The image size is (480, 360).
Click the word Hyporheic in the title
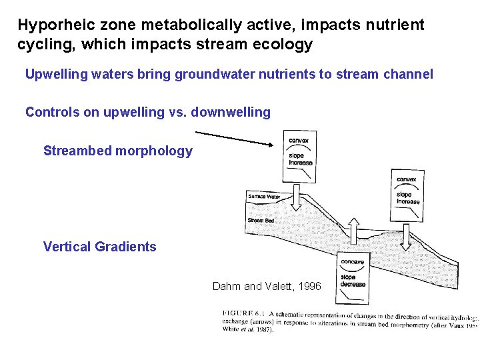coord(51,26)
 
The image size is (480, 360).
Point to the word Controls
coord(52,112)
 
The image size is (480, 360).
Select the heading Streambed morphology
coord(117,151)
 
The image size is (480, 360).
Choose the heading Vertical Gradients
coord(99,247)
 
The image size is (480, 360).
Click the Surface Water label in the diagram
coord(264,197)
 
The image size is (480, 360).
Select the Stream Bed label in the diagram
coord(261,221)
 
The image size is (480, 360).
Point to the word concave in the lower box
coord(352,262)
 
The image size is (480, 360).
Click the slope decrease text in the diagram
coord(352,281)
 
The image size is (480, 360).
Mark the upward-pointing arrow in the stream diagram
coord(352,231)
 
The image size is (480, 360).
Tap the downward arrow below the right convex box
coord(406,233)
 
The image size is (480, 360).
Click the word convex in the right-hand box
coord(407,179)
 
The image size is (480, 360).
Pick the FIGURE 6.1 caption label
coord(243,313)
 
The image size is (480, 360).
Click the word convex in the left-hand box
coord(298,141)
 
